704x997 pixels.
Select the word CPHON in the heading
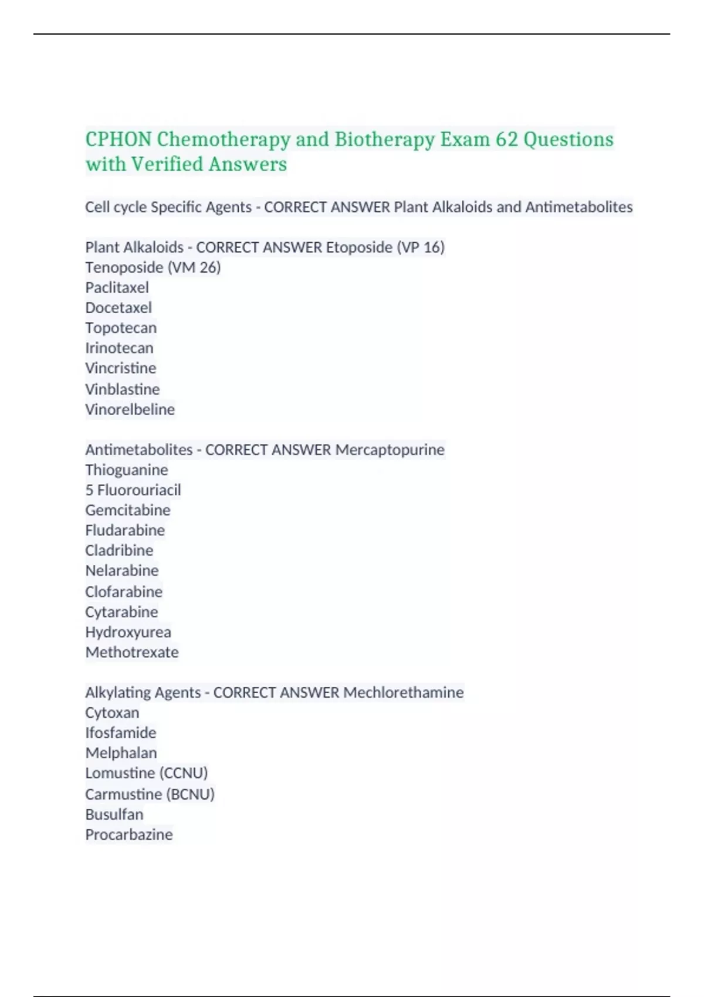click(119, 140)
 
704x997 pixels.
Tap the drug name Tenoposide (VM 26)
click(153, 267)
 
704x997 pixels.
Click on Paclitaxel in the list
click(117, 287)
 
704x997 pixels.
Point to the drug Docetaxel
click(119, 308)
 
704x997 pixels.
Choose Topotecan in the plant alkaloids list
click(121, 328)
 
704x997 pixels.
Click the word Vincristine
click(121, 368)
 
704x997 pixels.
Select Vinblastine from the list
click(122, 389)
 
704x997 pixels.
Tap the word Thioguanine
click(127, 470)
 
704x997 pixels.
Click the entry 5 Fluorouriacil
click(133, 490)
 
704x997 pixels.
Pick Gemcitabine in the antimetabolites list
click(128, 510)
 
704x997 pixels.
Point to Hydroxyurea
click(128, 632)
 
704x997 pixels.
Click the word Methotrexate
click(132, 652)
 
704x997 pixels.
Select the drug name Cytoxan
click(112, 713)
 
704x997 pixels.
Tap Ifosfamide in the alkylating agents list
click(121, 733)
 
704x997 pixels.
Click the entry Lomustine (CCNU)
click(147, 773)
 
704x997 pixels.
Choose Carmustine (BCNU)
click(150, 794)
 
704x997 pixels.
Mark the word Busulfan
click(114, 815)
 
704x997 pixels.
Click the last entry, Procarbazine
click(129, 835)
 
